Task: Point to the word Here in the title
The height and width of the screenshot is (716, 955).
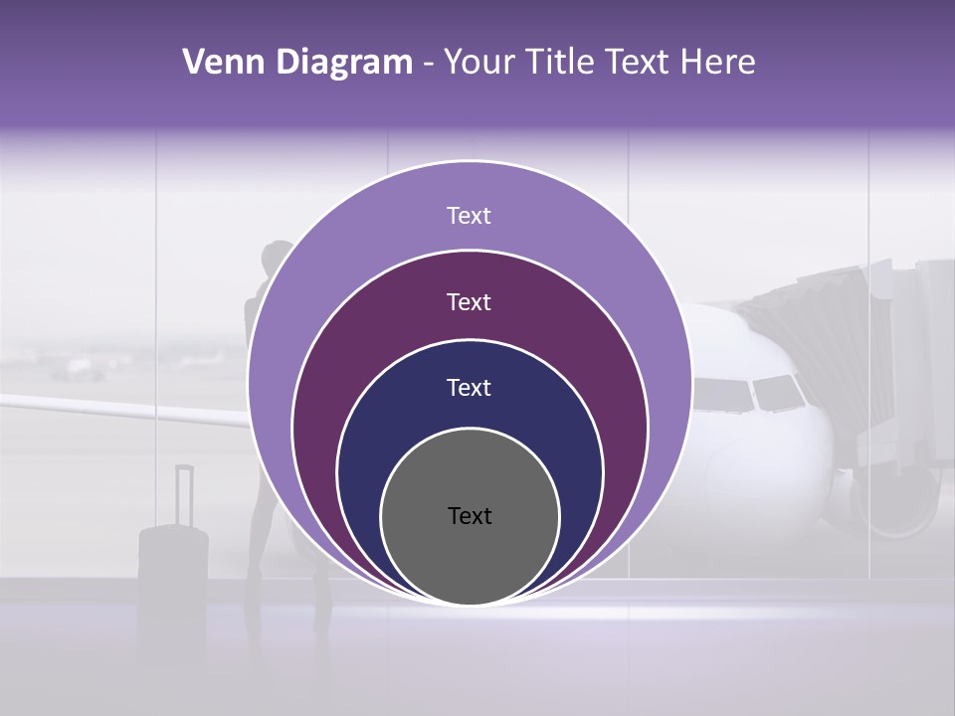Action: (x=718, y=63)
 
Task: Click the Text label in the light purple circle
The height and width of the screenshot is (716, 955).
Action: (x=469, y=216)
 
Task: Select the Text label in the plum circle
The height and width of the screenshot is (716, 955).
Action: (x=469, y=302)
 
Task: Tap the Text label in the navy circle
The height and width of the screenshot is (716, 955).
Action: (x=469, y=388)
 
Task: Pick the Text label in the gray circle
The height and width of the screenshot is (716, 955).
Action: (x=470, y=516)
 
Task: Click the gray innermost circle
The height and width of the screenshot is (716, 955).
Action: (x=470, y=557)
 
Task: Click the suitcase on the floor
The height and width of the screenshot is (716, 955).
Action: (x=173, y=557)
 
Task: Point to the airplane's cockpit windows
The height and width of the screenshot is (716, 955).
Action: (x=751, y=394)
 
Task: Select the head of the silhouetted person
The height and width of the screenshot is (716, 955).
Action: (x=277, y=260)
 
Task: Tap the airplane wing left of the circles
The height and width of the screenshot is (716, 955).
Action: (x=119, y=408)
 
